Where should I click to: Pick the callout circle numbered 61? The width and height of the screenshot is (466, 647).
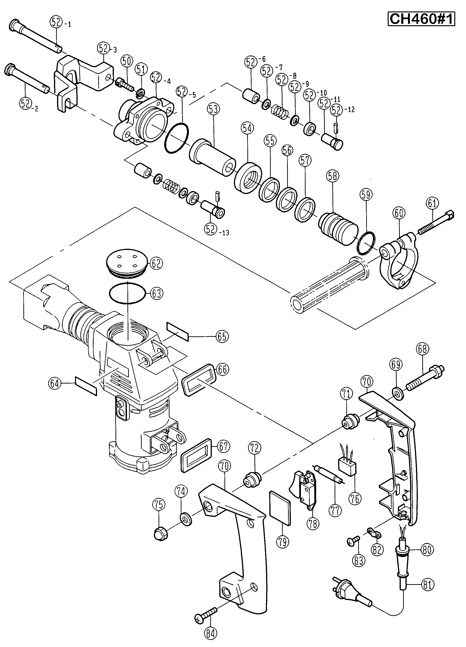click(x=433, y=203)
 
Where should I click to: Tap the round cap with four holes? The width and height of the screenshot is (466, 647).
click(x=127, y=264)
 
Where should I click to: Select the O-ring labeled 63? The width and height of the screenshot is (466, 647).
click(x=128, y=294)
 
